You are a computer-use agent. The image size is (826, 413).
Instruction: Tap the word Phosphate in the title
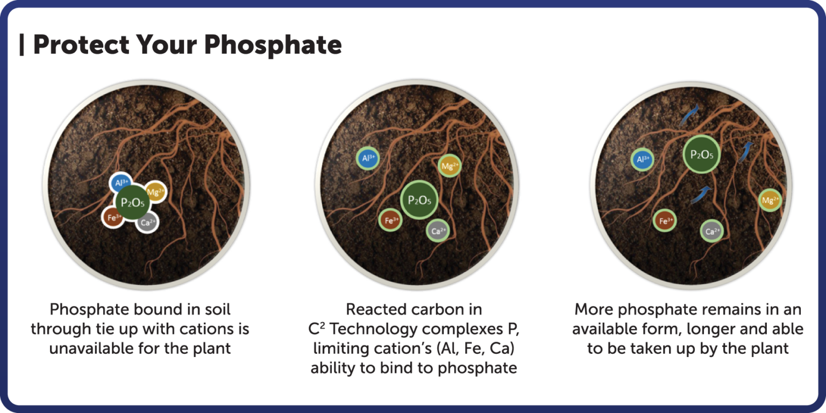tap(273, 45)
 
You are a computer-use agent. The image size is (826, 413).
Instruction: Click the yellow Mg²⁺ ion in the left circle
tap(155, 191)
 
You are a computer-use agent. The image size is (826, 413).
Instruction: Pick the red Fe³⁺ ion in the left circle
tap(113, 217)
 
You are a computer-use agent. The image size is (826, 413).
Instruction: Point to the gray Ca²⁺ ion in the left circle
tap(147, 222)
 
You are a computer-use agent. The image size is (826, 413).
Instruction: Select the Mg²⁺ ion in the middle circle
tap(450, 166)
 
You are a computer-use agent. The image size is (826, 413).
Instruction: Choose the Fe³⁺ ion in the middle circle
tap(390, 220)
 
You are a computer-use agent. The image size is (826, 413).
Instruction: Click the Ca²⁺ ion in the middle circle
tap(438, 231)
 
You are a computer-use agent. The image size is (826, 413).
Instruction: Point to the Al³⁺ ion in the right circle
tap(643, 159)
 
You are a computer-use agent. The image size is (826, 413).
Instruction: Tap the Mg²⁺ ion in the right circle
tap(770, 201)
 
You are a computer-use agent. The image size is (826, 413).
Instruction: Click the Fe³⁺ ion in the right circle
tap(665, 220)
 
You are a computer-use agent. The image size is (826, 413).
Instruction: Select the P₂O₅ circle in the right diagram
tap(702, 155)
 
